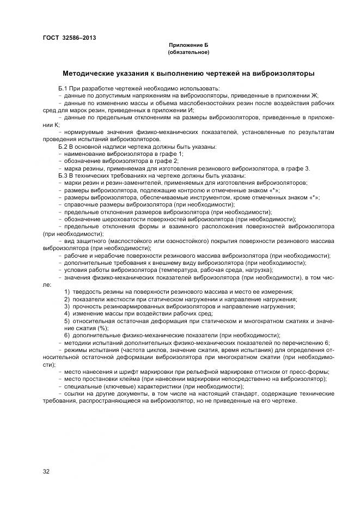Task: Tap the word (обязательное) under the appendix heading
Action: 188,52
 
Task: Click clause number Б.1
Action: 62,88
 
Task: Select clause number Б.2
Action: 62,147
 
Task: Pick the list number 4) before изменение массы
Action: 67,313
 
